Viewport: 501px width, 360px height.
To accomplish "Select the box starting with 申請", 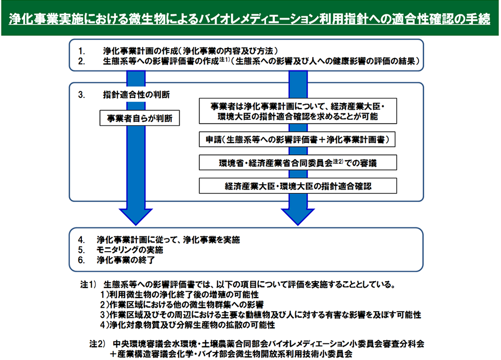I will pyautogui.click(x=298, y=139).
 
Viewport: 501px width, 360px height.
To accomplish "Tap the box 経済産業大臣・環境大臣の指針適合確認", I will pyautogui.click(x=298, y=186).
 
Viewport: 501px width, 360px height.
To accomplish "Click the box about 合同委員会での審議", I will pyautogui.click(x=298, y=162).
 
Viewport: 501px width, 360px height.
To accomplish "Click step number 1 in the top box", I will pyautogui.click(x=82, y=51).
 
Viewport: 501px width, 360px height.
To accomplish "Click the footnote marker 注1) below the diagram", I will pyautogui.click(x=88, y=285).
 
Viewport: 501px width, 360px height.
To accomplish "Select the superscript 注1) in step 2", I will pyautogui.click(x=223, y=59).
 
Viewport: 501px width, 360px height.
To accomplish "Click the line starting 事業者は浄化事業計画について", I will pyautogui.click(x=298, y=106).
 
